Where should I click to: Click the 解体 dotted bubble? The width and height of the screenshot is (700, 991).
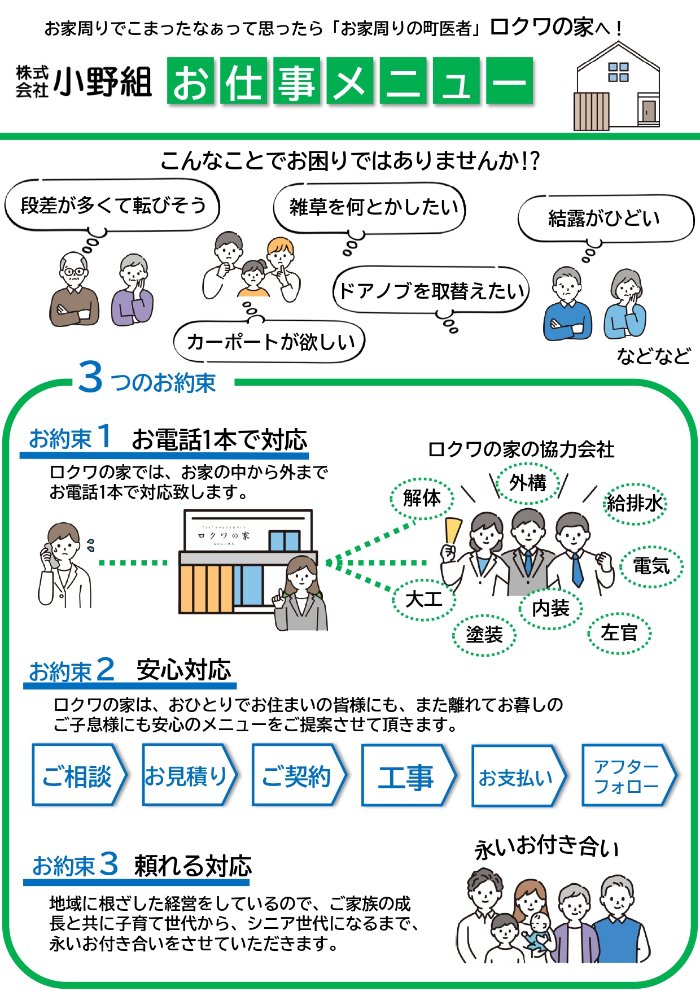422,498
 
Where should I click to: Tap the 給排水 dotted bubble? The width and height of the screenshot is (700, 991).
635,503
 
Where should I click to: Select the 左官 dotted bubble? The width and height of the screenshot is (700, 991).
619,633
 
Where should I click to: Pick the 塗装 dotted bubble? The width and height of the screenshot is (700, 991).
484,635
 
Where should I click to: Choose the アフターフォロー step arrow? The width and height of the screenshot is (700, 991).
627,775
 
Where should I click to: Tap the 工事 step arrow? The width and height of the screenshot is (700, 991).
407,775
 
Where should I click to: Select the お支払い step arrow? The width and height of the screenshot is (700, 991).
517,776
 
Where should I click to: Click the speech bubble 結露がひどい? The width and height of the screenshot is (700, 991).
605,219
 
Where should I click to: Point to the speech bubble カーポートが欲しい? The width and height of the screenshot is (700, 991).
270,342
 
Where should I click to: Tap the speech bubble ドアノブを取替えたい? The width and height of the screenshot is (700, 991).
431,291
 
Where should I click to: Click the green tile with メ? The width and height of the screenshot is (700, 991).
349,81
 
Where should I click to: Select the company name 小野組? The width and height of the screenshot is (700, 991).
103,81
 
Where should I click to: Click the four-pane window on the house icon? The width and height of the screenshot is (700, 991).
618,72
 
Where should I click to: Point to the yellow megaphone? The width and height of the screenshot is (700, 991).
453,531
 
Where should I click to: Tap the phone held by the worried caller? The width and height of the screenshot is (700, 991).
50,556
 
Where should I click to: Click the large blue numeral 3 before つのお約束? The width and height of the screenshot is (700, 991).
90,377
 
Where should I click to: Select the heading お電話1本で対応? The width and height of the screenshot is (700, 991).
220,440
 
